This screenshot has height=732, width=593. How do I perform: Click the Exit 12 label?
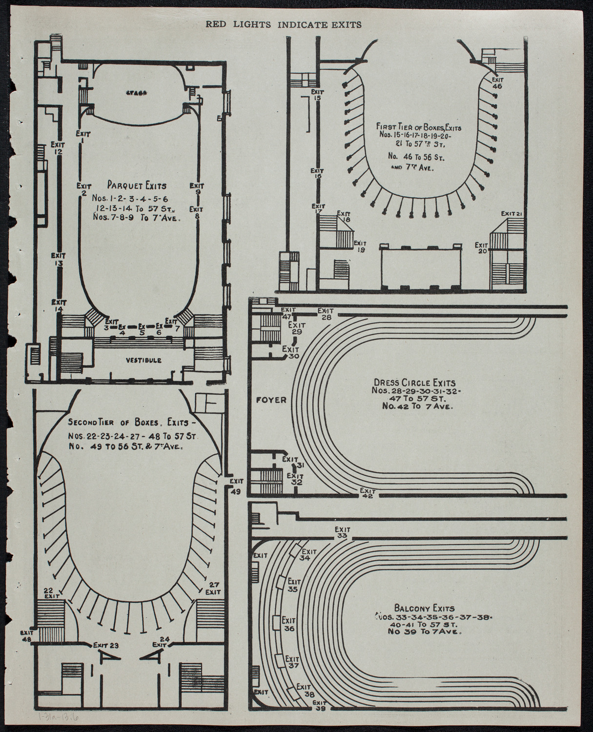58,148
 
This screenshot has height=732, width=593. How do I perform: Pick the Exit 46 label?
497,82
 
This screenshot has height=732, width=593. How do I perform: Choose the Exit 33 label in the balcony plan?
342,532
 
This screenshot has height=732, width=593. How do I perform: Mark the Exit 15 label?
317,95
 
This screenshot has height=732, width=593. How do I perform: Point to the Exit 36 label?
289,625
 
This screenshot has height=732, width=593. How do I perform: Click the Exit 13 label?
59,260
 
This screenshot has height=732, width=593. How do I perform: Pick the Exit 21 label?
512,213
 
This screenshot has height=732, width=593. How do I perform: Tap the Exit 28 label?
326,314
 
